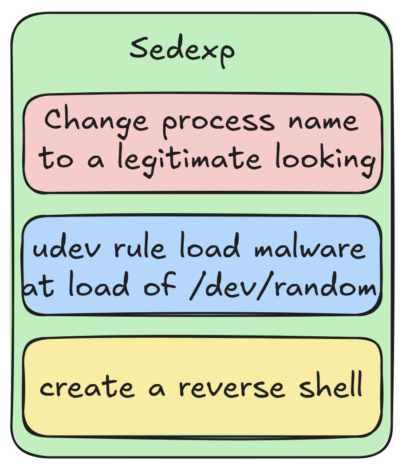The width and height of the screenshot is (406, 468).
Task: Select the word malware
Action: (310, 249)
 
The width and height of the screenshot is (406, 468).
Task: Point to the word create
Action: (87, 387)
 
